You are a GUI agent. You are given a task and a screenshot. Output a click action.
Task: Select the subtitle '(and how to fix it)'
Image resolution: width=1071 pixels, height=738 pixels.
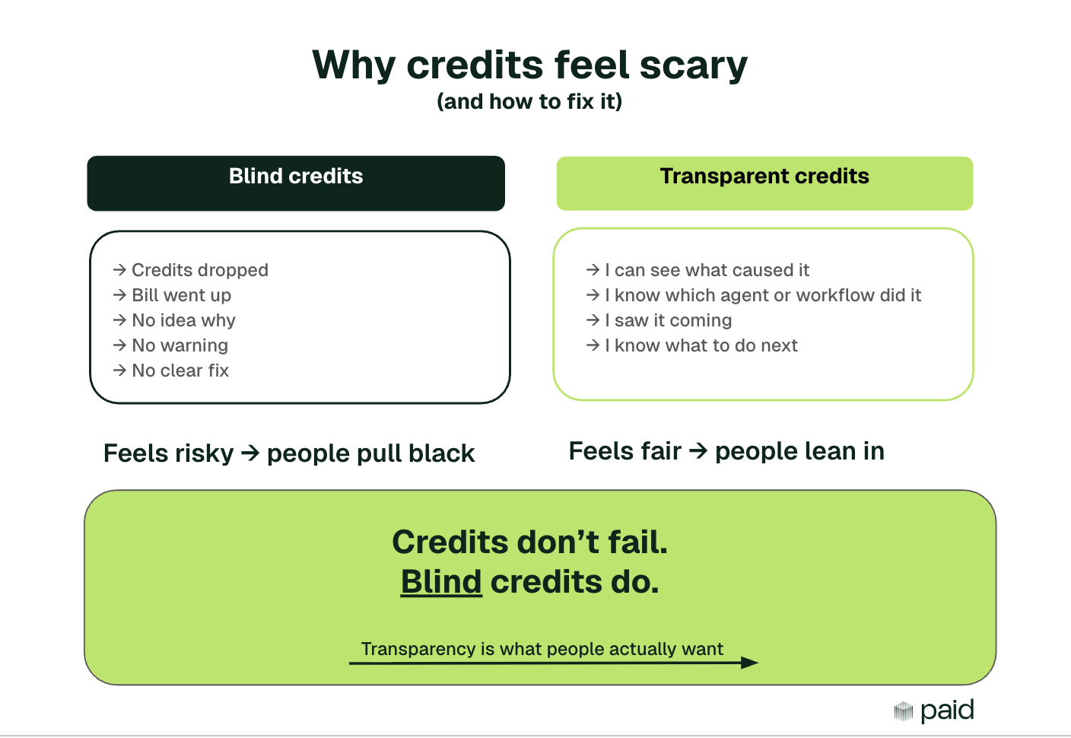click(529, 101)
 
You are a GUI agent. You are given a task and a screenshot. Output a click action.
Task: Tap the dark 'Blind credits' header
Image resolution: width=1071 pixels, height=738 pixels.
click(296, 183)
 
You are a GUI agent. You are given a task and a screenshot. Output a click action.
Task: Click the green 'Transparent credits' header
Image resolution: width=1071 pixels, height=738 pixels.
click(764, 183)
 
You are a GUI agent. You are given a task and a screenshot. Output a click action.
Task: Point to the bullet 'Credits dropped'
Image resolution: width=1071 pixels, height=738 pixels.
click(199, 270)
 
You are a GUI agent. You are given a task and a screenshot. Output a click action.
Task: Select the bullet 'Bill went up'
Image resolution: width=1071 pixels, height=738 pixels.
click(181, 295)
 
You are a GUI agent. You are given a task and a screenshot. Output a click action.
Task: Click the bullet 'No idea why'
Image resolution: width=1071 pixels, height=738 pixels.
click(183, 320)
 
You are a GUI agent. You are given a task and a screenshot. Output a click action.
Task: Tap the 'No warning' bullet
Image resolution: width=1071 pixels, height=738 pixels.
click(180, 345)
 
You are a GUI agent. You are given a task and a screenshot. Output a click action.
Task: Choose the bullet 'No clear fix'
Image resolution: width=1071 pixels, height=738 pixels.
click(180, 371)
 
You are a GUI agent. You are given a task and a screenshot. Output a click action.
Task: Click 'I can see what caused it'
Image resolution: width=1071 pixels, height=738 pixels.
click(707, 270)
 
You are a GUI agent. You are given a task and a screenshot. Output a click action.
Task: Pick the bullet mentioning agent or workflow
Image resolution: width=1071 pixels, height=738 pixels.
click(762, 295)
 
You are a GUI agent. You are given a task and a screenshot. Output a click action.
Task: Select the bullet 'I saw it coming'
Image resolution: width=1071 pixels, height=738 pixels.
click(668, 320)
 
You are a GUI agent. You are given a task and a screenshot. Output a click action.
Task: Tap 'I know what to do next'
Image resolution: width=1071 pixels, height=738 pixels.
click(701, 345)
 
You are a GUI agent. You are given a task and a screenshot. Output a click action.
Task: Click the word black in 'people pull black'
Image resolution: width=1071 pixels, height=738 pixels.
click(441, 453)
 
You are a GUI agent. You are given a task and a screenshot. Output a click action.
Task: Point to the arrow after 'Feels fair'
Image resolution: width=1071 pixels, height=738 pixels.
click(698, 451)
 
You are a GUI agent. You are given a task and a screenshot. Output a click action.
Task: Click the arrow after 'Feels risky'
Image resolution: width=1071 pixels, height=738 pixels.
click(250, 453)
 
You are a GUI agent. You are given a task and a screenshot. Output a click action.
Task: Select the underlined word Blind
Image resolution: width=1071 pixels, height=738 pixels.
click(441, 582)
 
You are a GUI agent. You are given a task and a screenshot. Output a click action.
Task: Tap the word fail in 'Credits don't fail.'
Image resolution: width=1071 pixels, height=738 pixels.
click(637, 542)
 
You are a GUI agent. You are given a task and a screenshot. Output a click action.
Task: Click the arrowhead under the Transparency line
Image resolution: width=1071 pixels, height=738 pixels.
click(749, 663)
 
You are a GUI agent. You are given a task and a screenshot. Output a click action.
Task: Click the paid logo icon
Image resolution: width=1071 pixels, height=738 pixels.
click(903, 711)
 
